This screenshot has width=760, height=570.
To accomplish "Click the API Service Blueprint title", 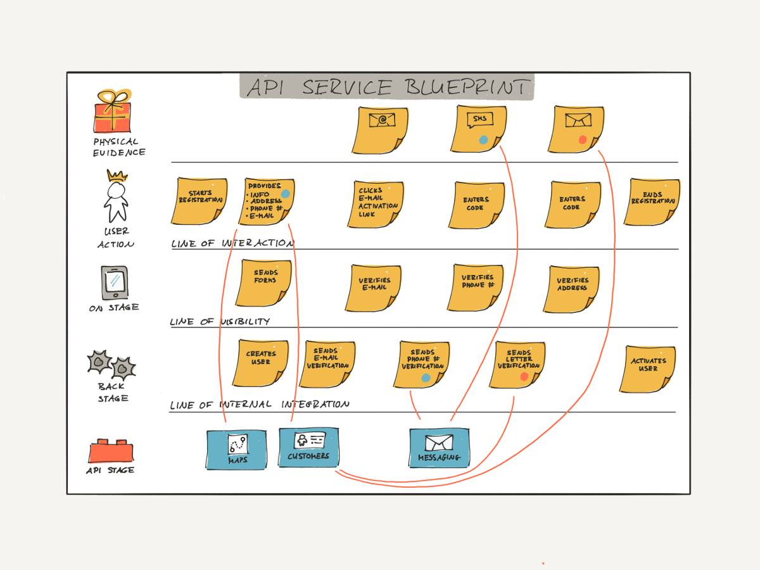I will (x=386, y=87).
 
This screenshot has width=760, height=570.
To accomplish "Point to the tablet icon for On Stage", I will (x=114, y=282).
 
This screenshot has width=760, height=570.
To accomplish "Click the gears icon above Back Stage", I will (x=111, y=364).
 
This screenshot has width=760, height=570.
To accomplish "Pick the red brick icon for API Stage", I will (x=111, y=452).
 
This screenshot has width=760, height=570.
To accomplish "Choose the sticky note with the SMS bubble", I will (x=479, y=129).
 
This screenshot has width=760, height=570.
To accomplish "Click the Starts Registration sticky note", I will (x=199, y=201).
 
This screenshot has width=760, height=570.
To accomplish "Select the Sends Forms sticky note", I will (x=264, y=282).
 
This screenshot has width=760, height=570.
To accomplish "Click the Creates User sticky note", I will (x=260, y=363).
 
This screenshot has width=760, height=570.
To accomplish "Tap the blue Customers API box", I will (x=308, y=446).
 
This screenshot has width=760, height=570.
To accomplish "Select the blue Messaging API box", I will (x=439, y=448).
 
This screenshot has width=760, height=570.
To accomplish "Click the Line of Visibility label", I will (x=220, y=322).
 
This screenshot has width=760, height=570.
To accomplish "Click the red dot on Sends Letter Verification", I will (x=524, y=377).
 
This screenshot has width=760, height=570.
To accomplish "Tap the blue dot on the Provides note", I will (x=286, y=194).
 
